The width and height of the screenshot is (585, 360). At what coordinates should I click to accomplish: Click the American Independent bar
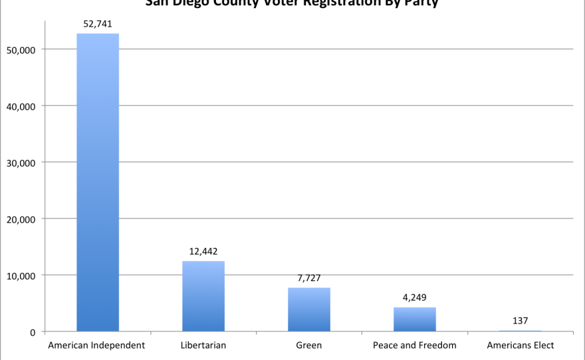[98, 183]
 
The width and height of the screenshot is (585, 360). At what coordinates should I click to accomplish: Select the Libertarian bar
[203, 296]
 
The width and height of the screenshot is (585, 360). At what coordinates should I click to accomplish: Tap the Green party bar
[309, 310]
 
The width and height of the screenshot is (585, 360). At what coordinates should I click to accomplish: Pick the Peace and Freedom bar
[414, 319]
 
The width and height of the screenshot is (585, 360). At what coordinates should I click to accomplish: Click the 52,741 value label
[98, 24]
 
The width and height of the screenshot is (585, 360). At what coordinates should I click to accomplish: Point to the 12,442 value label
[203, 251]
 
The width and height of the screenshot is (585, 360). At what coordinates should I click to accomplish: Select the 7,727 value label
[309, 278]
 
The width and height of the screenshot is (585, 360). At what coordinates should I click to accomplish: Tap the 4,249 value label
[414, 298]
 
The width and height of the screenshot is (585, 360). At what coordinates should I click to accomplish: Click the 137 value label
[520, 321]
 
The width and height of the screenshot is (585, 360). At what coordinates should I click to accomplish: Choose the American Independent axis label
[96, 345]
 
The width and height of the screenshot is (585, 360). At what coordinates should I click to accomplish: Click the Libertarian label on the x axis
[203, 345]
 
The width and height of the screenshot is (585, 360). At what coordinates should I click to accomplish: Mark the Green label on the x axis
[309, 345]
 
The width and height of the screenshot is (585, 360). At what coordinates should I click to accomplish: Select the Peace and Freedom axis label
[415, 345]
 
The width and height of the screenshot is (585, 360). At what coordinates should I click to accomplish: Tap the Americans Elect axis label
[521, 345]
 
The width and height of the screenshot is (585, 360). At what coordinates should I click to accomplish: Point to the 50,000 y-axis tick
[23, 50]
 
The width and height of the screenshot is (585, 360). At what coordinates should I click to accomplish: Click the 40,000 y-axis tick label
[23, 106]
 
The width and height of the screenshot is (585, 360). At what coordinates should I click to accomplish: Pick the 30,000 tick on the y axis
[23, 163]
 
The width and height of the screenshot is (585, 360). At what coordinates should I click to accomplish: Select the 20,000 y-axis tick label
[23, 219]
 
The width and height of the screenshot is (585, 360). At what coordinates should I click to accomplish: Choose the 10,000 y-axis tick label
[23, 276]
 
